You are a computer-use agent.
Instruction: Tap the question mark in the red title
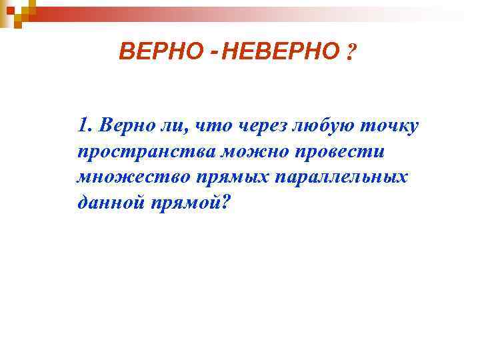pyautogui.click(x=351, y=52)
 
